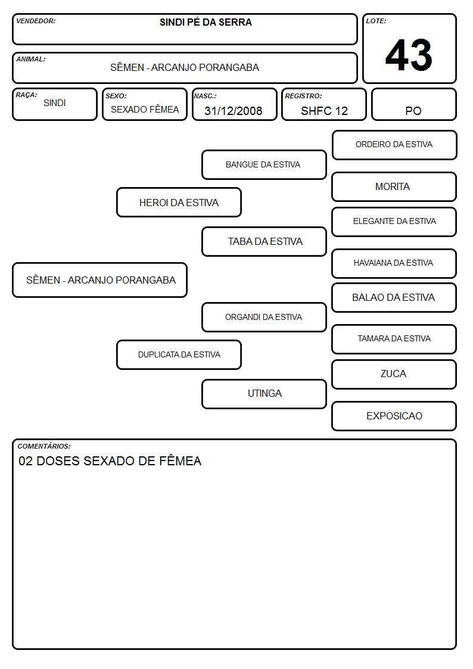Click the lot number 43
tap(409, 55)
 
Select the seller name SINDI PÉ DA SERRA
tap(206, 22)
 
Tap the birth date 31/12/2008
tap(234, 111)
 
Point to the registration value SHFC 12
tap(324, 111)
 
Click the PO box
tap(413, 104)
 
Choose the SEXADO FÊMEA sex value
tap(145, 109)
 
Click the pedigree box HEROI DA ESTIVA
tap(179, 202)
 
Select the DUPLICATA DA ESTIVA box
tap(179, 354)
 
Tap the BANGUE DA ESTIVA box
tap(264, 164)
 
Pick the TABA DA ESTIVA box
tap(264, 241)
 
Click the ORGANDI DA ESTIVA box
tap(264, 317)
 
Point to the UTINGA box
tap(264, 394)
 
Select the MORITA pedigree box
tap(394, 187)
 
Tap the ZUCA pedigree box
tap(394, 374)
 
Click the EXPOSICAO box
tap(394, 416)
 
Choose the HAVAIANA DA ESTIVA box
tap(394, 263)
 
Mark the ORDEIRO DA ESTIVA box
tap(394, 145)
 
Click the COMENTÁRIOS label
tap(44, 446)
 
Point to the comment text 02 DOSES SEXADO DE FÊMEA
tap(110, 460)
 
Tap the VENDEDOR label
tap(36, 21)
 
